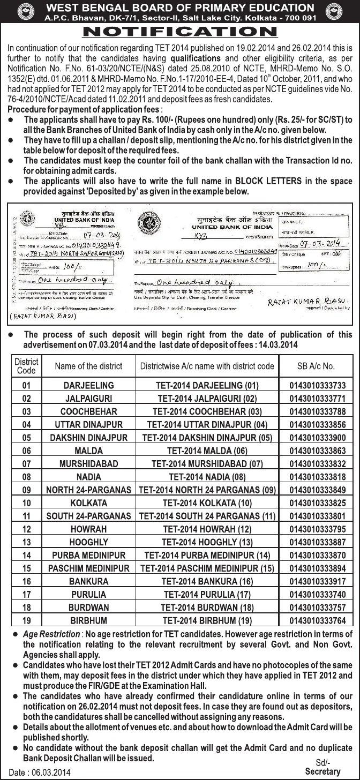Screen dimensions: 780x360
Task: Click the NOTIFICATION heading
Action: click(x=179, y=32)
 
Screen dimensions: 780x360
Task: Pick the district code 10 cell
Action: click(x=26, y=503)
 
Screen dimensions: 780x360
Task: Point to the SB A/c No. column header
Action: click(x=316, y=366)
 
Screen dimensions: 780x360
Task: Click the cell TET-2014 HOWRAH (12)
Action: click(x=207, y=529)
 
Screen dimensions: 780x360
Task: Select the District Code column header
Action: click(x=26, y=366)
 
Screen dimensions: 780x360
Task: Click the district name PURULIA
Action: click(x=88, y=595)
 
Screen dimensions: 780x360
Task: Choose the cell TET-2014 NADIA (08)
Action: click(x=207, y=477)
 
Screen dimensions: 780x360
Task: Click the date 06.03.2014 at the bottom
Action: click(x=41, y=772)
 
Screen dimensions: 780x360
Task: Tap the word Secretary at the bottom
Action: click(x=322, y=771)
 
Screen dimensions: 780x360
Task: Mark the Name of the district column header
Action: click(x=88, y=366)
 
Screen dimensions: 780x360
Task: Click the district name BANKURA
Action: click(x=88, y=581)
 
